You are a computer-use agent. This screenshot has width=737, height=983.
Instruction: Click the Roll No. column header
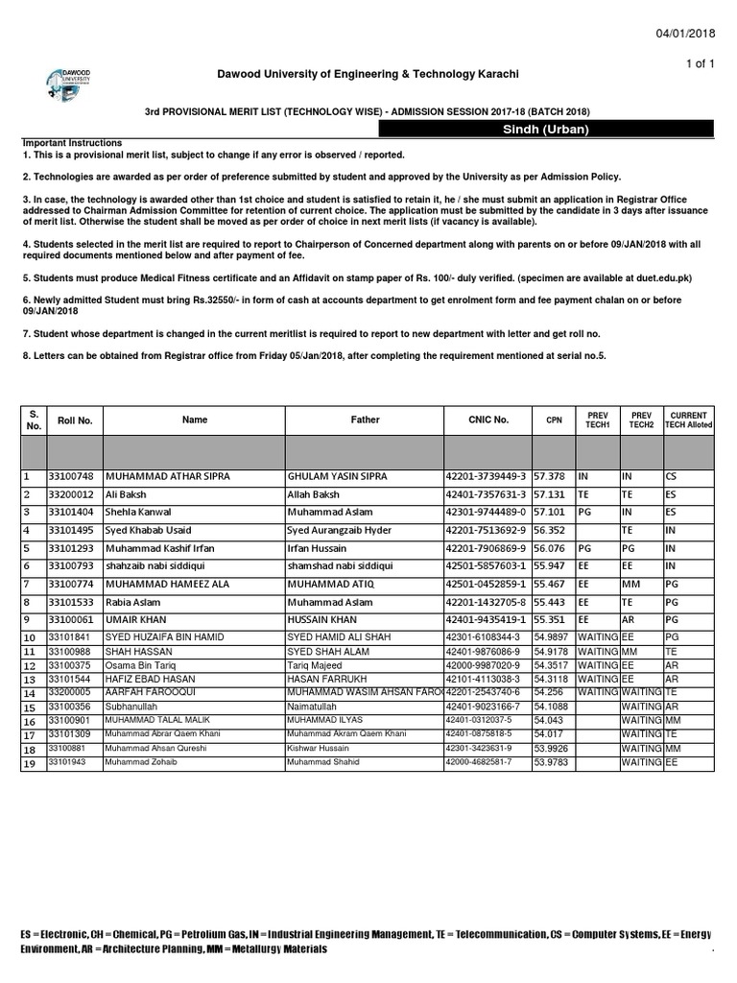(75, 420)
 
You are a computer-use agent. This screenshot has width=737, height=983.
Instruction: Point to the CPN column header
(555, 420)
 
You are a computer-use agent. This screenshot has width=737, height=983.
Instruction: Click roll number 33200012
(72, 494)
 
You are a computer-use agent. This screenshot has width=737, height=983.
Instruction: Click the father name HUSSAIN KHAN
(321, 620)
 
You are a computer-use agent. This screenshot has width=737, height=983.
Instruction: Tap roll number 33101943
(66, 761)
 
